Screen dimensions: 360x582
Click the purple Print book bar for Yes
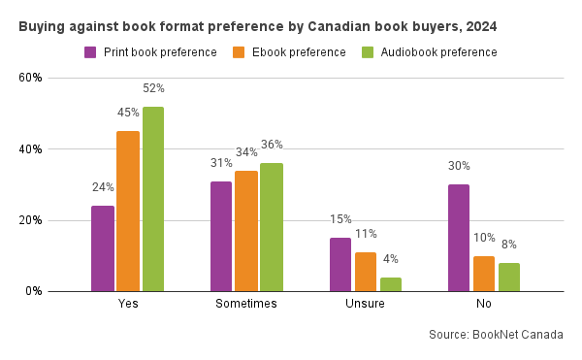pyautogui.click(x=103, y=248)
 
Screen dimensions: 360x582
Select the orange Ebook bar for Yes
pyautogui.click(x=128, y=211)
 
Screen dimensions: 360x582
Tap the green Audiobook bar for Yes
pyautogui.click(x=152, y=199)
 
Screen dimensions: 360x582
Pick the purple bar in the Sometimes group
pyautogui.click(x=221, y=236)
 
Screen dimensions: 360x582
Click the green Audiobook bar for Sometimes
pyautogui.click(x=272, y=227)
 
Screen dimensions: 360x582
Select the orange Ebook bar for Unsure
pyautogui.click(x=365, y=272)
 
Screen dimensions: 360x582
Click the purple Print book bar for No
pyautogui.click(x=459, y=238)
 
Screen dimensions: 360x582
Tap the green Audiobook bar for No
pyautogui.click(x=509, y=277)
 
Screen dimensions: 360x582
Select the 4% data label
pyautogui.click(x=390, y=259)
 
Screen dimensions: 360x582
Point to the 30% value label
pyautogui.click(x=459, y=166)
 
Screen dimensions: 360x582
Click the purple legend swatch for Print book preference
pyautogui.click(x=90, y=52)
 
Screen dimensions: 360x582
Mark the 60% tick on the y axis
pyautogui.click(x=30, y=78)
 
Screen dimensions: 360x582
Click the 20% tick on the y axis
pyautogui.click(x=30, y=220)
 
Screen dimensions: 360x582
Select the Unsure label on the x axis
pyautogui.click(x=365, y=304)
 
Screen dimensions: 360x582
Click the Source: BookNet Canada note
pyautogui.click(x=495, y=335)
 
